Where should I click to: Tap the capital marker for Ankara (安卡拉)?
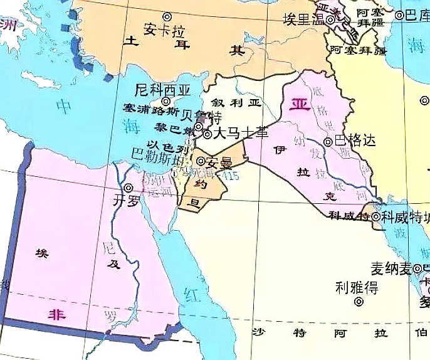tap(167, 16)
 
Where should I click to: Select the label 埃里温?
tap(303, 19)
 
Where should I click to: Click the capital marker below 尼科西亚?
tap(166, 101)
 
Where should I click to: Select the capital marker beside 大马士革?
tap(207, 134)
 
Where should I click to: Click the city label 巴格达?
tap(355, 141)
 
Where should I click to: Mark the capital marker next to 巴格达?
tap(328, 142)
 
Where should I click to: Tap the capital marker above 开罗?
tap(128, 188)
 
